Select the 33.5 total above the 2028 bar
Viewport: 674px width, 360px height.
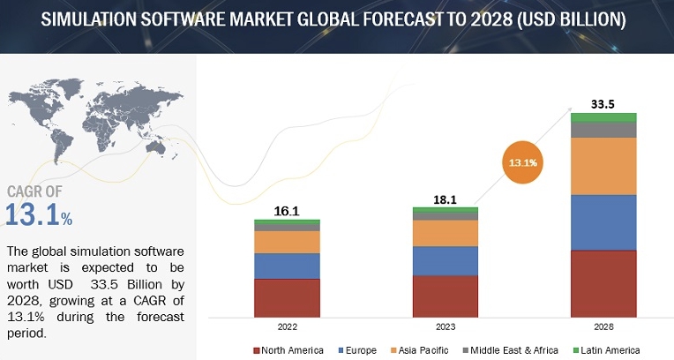tap(603, 103)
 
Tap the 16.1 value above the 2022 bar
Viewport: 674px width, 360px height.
tap(288, 211)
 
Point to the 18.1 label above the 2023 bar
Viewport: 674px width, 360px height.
tap(446, 199)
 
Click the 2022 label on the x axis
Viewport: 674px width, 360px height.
tap(288, 326)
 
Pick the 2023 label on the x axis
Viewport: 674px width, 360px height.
tap(446, 326)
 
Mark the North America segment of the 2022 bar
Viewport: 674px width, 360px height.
tap(288, 297)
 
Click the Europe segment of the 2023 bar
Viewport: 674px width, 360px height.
tap(446, 261)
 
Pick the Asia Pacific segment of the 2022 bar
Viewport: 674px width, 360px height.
tap(288, 242)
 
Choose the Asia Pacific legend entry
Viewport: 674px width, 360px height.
tap(423, 349)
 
